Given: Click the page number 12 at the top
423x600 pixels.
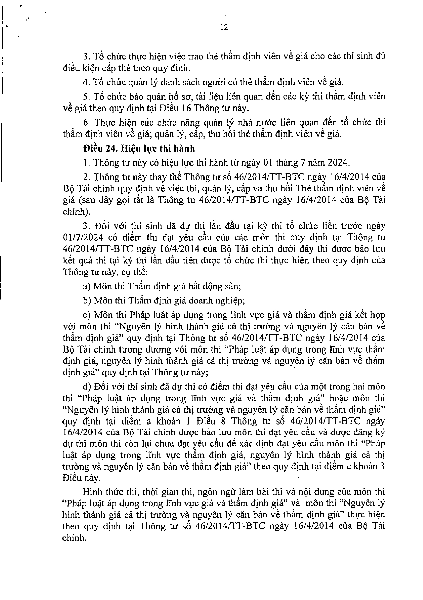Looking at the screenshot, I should click(224, 27).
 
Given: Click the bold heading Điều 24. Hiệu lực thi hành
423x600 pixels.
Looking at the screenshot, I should click(139, 148).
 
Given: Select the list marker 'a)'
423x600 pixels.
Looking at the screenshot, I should click(86, 286).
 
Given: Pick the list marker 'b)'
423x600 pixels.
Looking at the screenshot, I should click(87, 300).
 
